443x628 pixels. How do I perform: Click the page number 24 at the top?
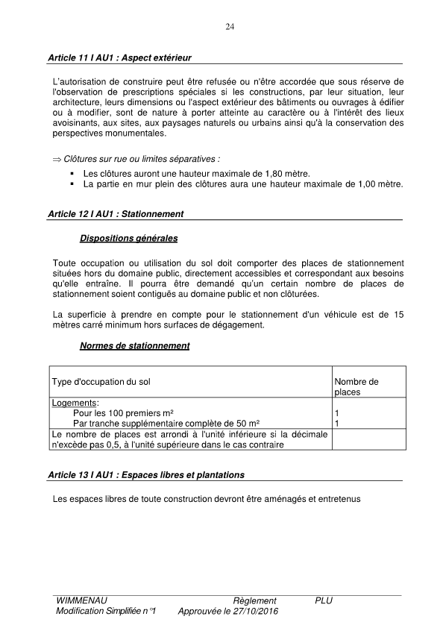click(x=230, y=28)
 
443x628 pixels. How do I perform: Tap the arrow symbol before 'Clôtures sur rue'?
click(x=57, y=160)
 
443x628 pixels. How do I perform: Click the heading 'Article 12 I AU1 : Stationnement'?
click(x=116, y=214)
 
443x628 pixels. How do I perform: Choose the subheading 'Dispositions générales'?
click(x=128, y=239)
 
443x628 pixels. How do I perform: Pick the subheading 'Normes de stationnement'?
click(x=134, y=346)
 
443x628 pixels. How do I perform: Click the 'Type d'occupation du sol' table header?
click(x=101, y=382)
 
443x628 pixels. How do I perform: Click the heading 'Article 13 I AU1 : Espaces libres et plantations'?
click(x=145, y=475)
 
